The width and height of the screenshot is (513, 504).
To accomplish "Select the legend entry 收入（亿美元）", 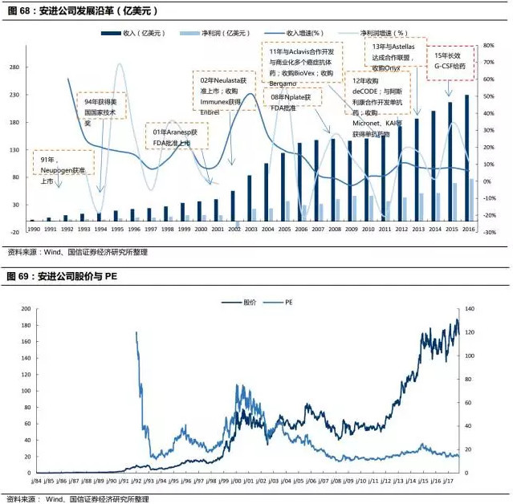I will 140,34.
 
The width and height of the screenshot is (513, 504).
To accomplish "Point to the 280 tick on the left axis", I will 15,67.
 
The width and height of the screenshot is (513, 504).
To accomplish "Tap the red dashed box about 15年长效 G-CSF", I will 450,61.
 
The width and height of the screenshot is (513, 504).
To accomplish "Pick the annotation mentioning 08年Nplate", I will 291,102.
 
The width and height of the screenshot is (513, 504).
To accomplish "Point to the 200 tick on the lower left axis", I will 23,309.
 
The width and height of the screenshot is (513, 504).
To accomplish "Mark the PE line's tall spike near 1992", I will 137,334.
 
